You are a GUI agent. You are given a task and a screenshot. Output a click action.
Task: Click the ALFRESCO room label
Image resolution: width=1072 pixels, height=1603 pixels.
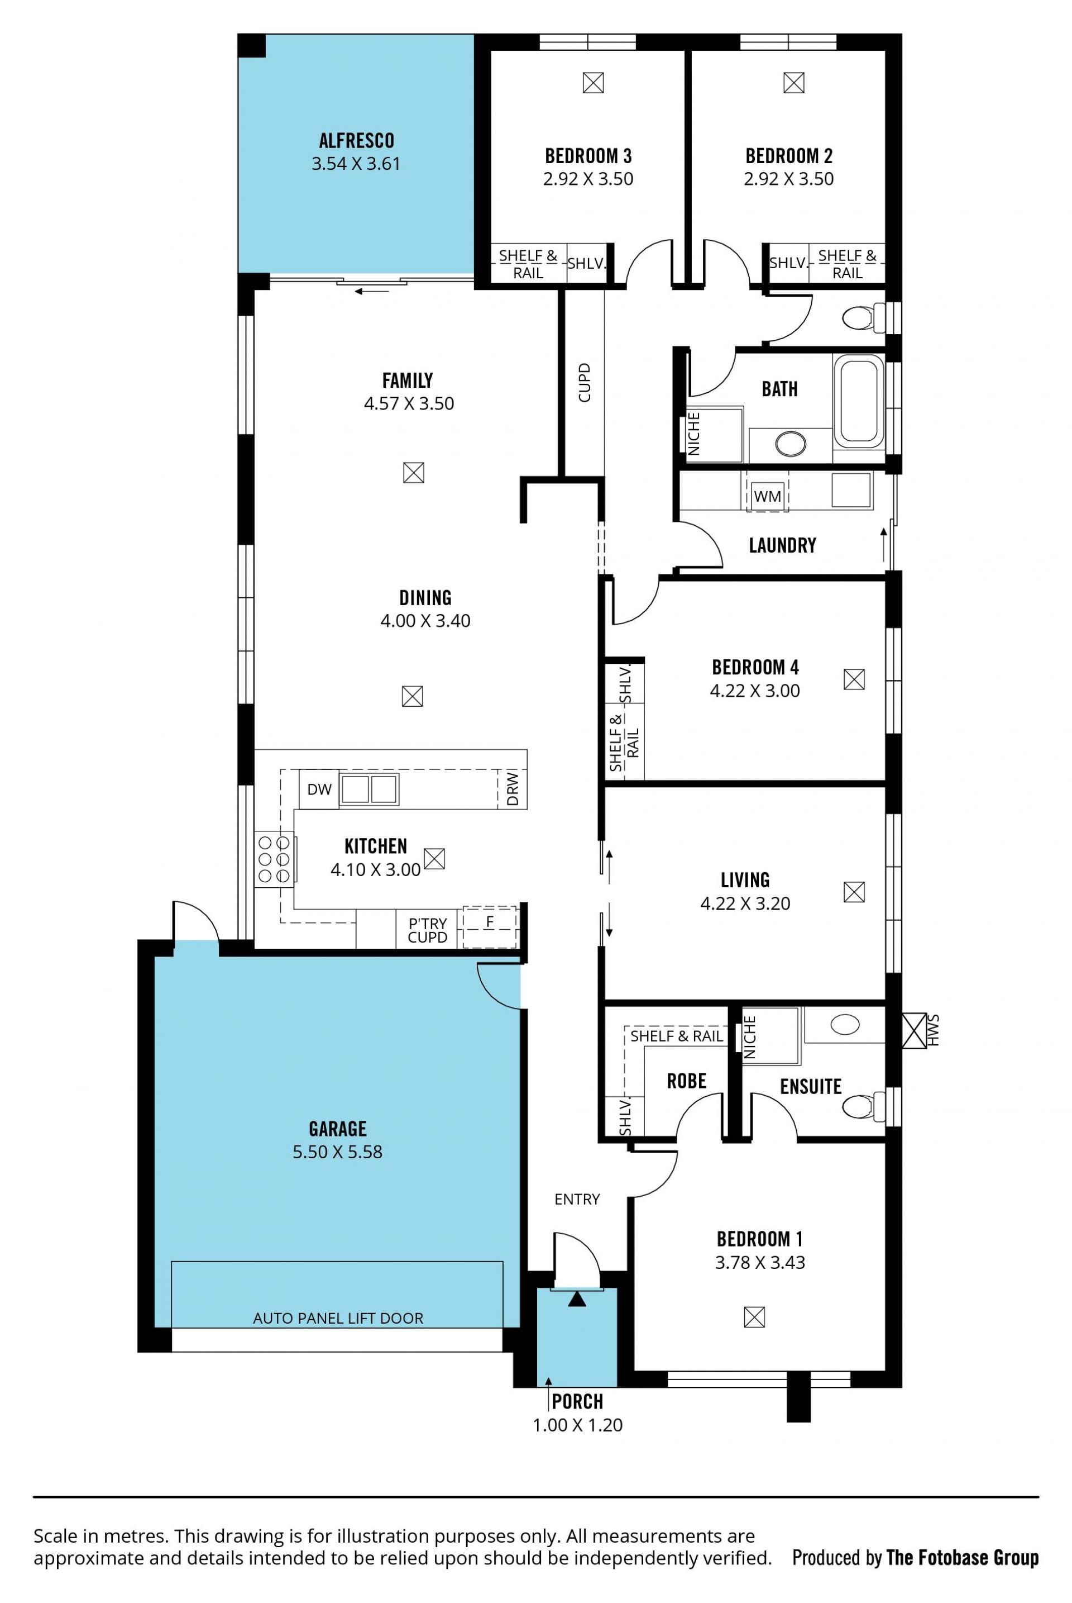[356, 140]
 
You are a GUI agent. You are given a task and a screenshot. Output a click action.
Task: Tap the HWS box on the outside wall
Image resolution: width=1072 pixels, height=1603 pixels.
[914, 1030]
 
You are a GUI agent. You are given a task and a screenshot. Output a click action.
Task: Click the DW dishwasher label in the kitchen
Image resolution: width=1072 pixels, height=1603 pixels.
[319, 789]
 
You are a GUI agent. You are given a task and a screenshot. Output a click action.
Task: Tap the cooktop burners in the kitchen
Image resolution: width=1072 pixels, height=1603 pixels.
[274, 859]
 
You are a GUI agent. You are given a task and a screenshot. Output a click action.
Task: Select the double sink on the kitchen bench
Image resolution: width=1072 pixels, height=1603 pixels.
[369, 789]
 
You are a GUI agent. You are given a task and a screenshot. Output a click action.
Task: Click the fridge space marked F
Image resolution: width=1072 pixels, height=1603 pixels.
[490, 926]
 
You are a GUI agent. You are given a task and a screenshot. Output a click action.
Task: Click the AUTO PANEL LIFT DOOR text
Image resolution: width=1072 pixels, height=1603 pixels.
[338, 1317]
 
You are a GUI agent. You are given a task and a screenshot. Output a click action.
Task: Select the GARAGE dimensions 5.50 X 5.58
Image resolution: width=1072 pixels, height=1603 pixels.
[338, 1152]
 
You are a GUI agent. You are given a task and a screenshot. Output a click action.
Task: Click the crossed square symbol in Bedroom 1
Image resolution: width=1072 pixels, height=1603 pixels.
[754, 1316]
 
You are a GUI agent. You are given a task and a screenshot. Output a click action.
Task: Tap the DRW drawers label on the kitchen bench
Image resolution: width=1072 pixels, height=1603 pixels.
[513, 789]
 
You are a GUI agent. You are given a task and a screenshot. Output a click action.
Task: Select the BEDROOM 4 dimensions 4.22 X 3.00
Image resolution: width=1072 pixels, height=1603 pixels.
[755, 691]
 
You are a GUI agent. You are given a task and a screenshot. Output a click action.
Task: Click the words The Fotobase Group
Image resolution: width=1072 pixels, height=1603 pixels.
[963, 1558]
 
